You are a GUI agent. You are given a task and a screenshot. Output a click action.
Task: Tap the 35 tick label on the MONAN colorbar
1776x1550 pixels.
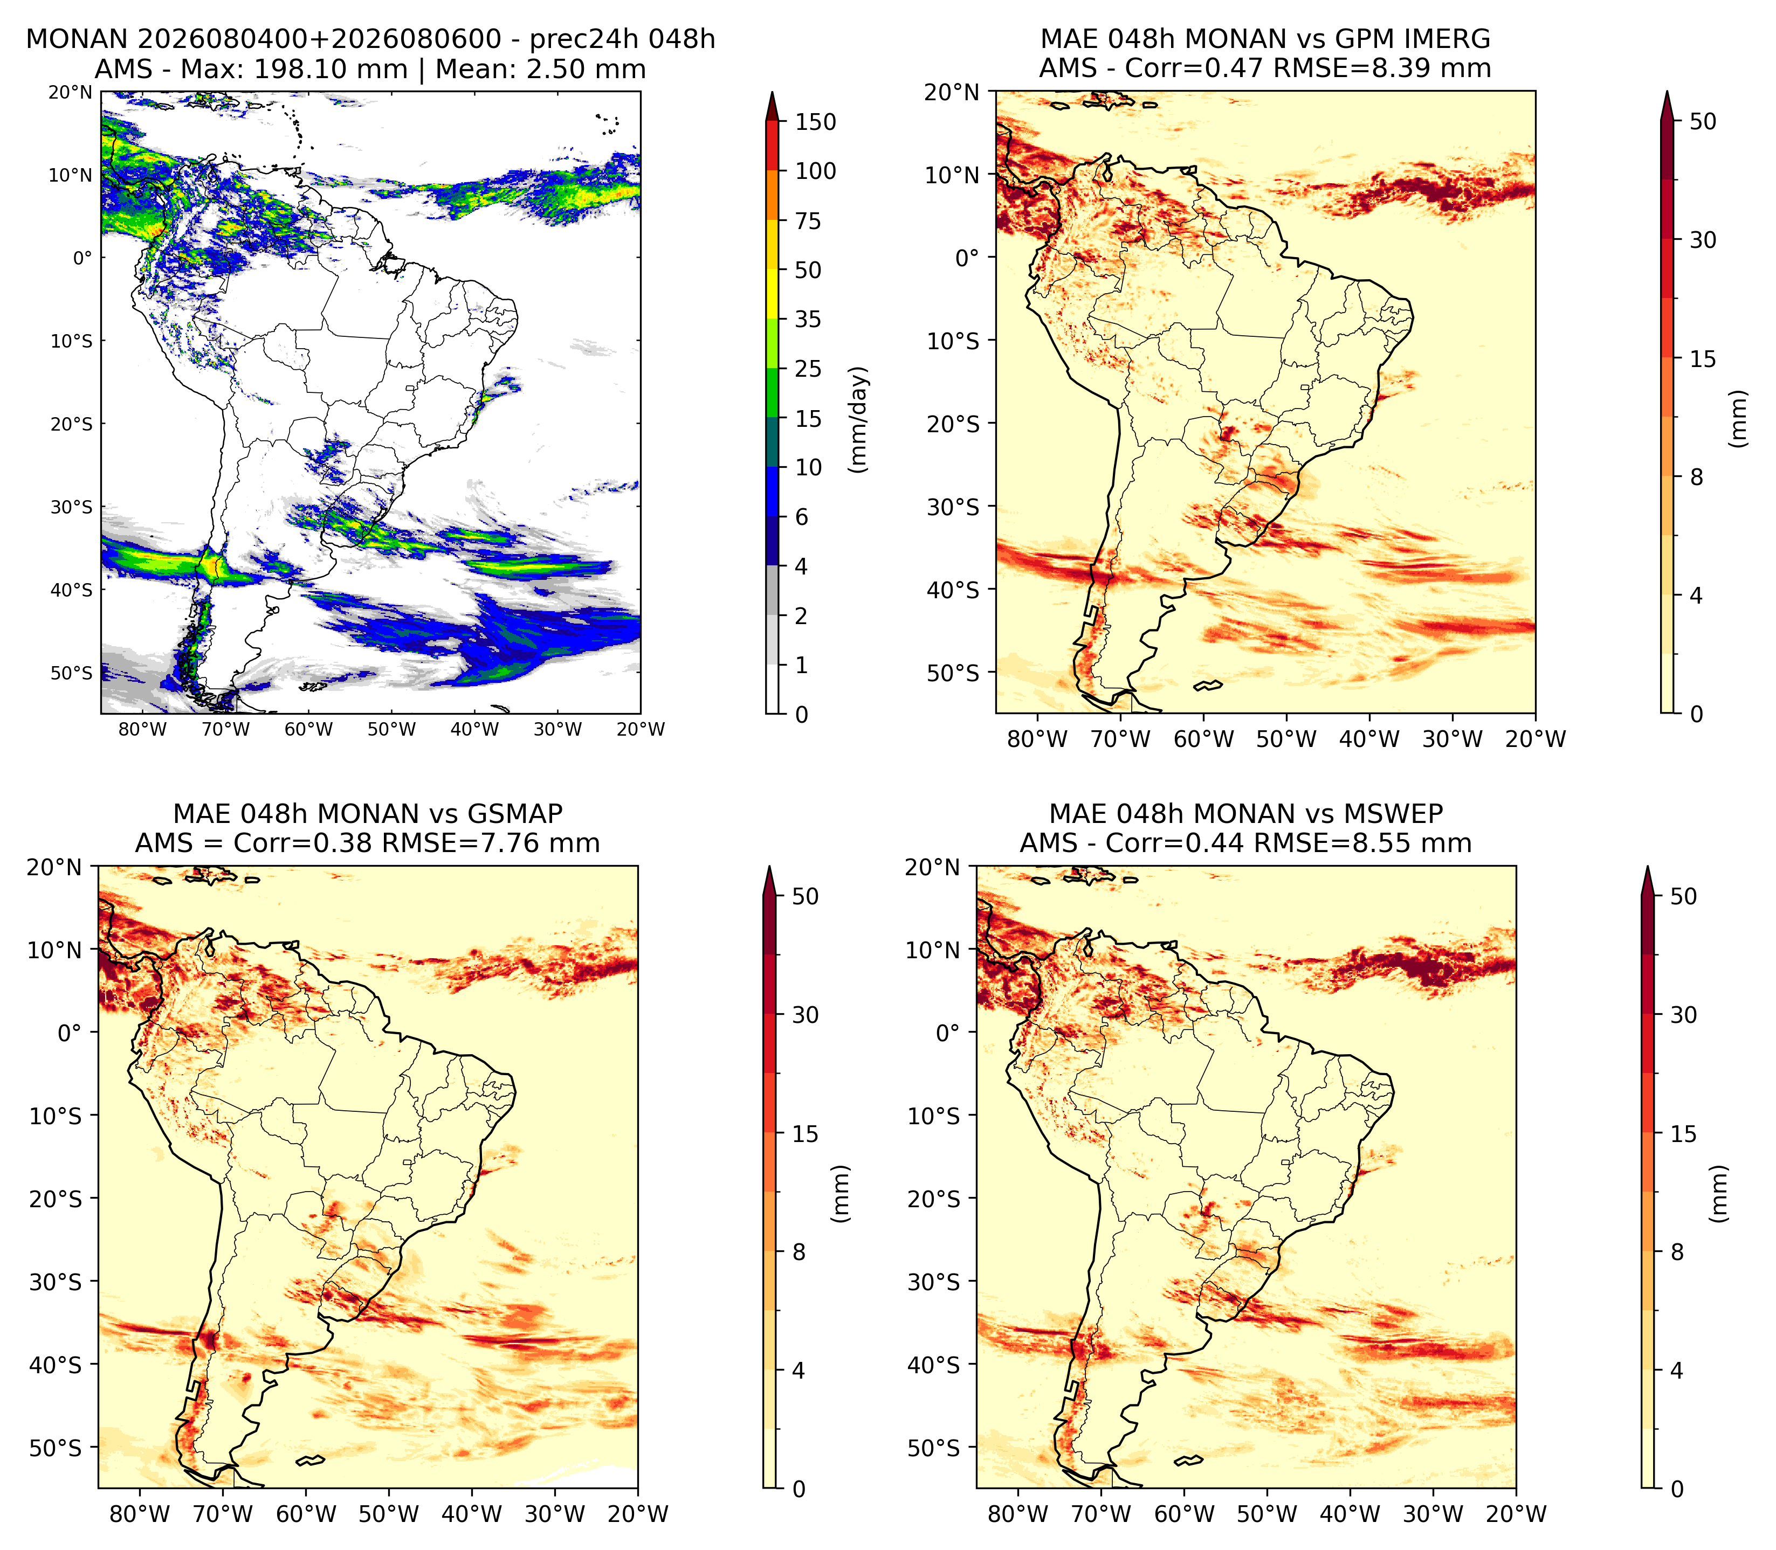coord(808,319)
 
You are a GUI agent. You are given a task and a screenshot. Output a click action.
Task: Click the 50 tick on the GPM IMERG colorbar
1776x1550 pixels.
coord(1703,121)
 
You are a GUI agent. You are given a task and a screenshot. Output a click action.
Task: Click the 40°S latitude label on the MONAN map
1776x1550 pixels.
coord(71,590)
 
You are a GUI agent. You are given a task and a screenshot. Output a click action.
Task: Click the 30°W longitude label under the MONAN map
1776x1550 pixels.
coord(558,729)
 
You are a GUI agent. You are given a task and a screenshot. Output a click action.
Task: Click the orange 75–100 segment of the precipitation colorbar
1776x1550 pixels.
coord(773,196)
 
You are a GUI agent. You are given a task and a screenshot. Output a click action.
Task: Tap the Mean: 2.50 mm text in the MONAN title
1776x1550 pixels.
coord(541,69)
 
